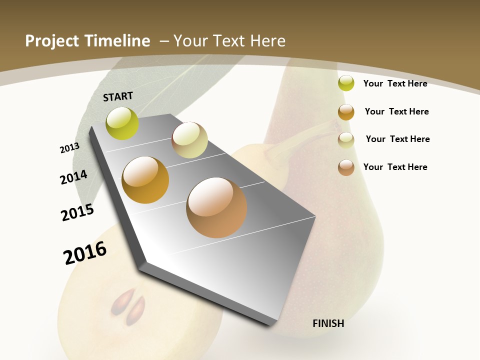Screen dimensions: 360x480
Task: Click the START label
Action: (x=118, y=96)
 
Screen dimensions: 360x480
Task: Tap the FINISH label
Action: (x=328, y=323)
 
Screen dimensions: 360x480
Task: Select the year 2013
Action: (x=69, y=148)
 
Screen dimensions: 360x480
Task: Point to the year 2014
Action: (x=73, y=177)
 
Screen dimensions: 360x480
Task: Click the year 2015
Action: (x=77, y=212)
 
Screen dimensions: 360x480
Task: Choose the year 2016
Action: (x=85, y=253)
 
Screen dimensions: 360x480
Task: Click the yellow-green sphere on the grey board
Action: (x=122, y=123)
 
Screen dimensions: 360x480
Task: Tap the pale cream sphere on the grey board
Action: (x=189, y=140)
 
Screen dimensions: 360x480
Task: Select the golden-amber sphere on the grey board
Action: (x=145, y=180)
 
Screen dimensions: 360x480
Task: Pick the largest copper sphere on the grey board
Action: (x=216, y=207)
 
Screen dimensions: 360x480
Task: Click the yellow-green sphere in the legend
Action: (x=346, y=83)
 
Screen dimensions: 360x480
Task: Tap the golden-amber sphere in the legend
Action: (x=346, y=112)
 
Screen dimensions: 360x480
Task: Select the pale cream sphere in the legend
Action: (x=346, y=140)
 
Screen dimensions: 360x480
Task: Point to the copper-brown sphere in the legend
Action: (x=346, y=167)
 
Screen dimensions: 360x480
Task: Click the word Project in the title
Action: (x=52, y=41)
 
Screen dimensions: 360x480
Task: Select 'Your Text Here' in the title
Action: (x=229, y=41)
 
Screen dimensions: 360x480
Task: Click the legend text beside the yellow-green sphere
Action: (x=395, y=83)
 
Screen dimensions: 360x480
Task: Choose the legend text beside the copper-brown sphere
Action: (x=395, y=167)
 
